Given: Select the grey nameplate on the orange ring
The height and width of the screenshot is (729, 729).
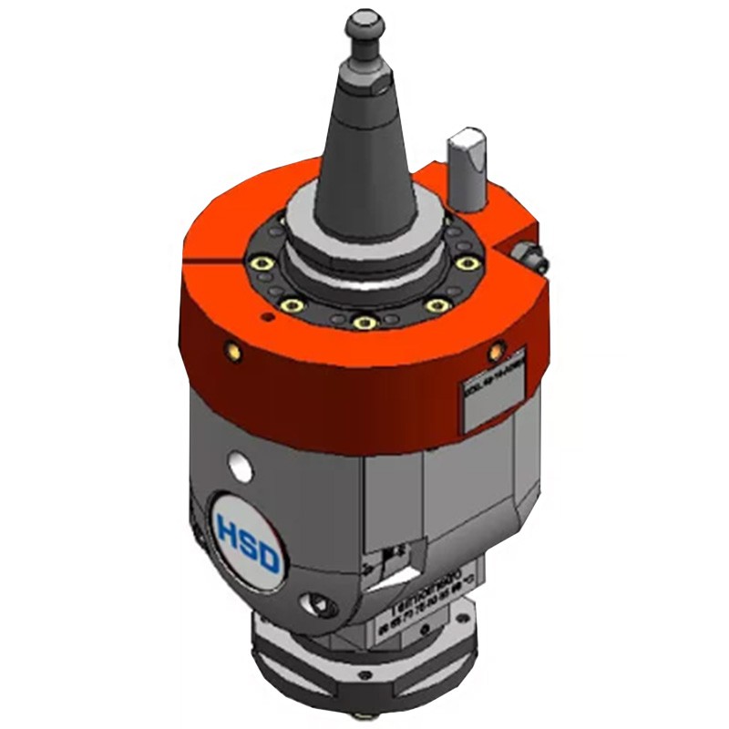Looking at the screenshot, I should point(491,402).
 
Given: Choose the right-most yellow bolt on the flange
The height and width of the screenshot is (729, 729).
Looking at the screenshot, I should point(468,264).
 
